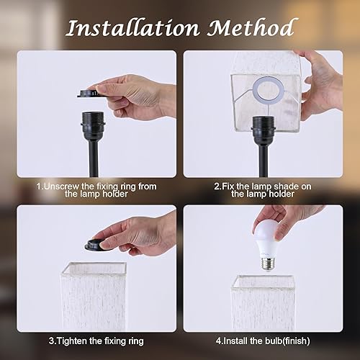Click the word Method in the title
click(251, 28)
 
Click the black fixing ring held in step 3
click(104, 245)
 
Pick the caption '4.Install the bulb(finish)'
click(269, 339)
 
